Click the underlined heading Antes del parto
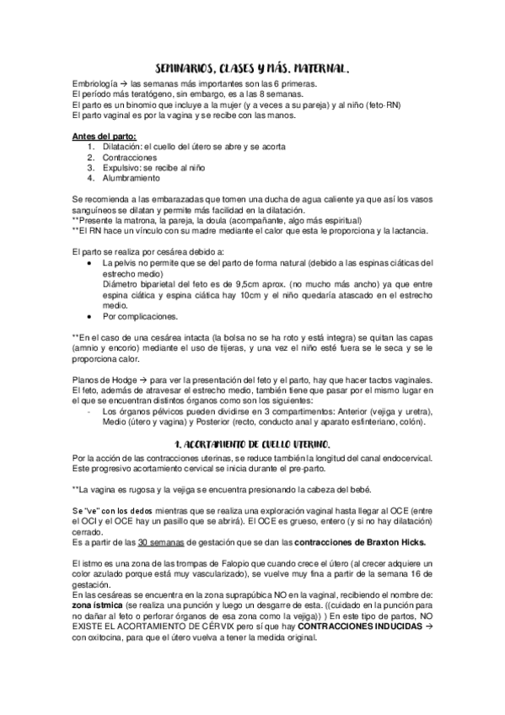tap(105, 137)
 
